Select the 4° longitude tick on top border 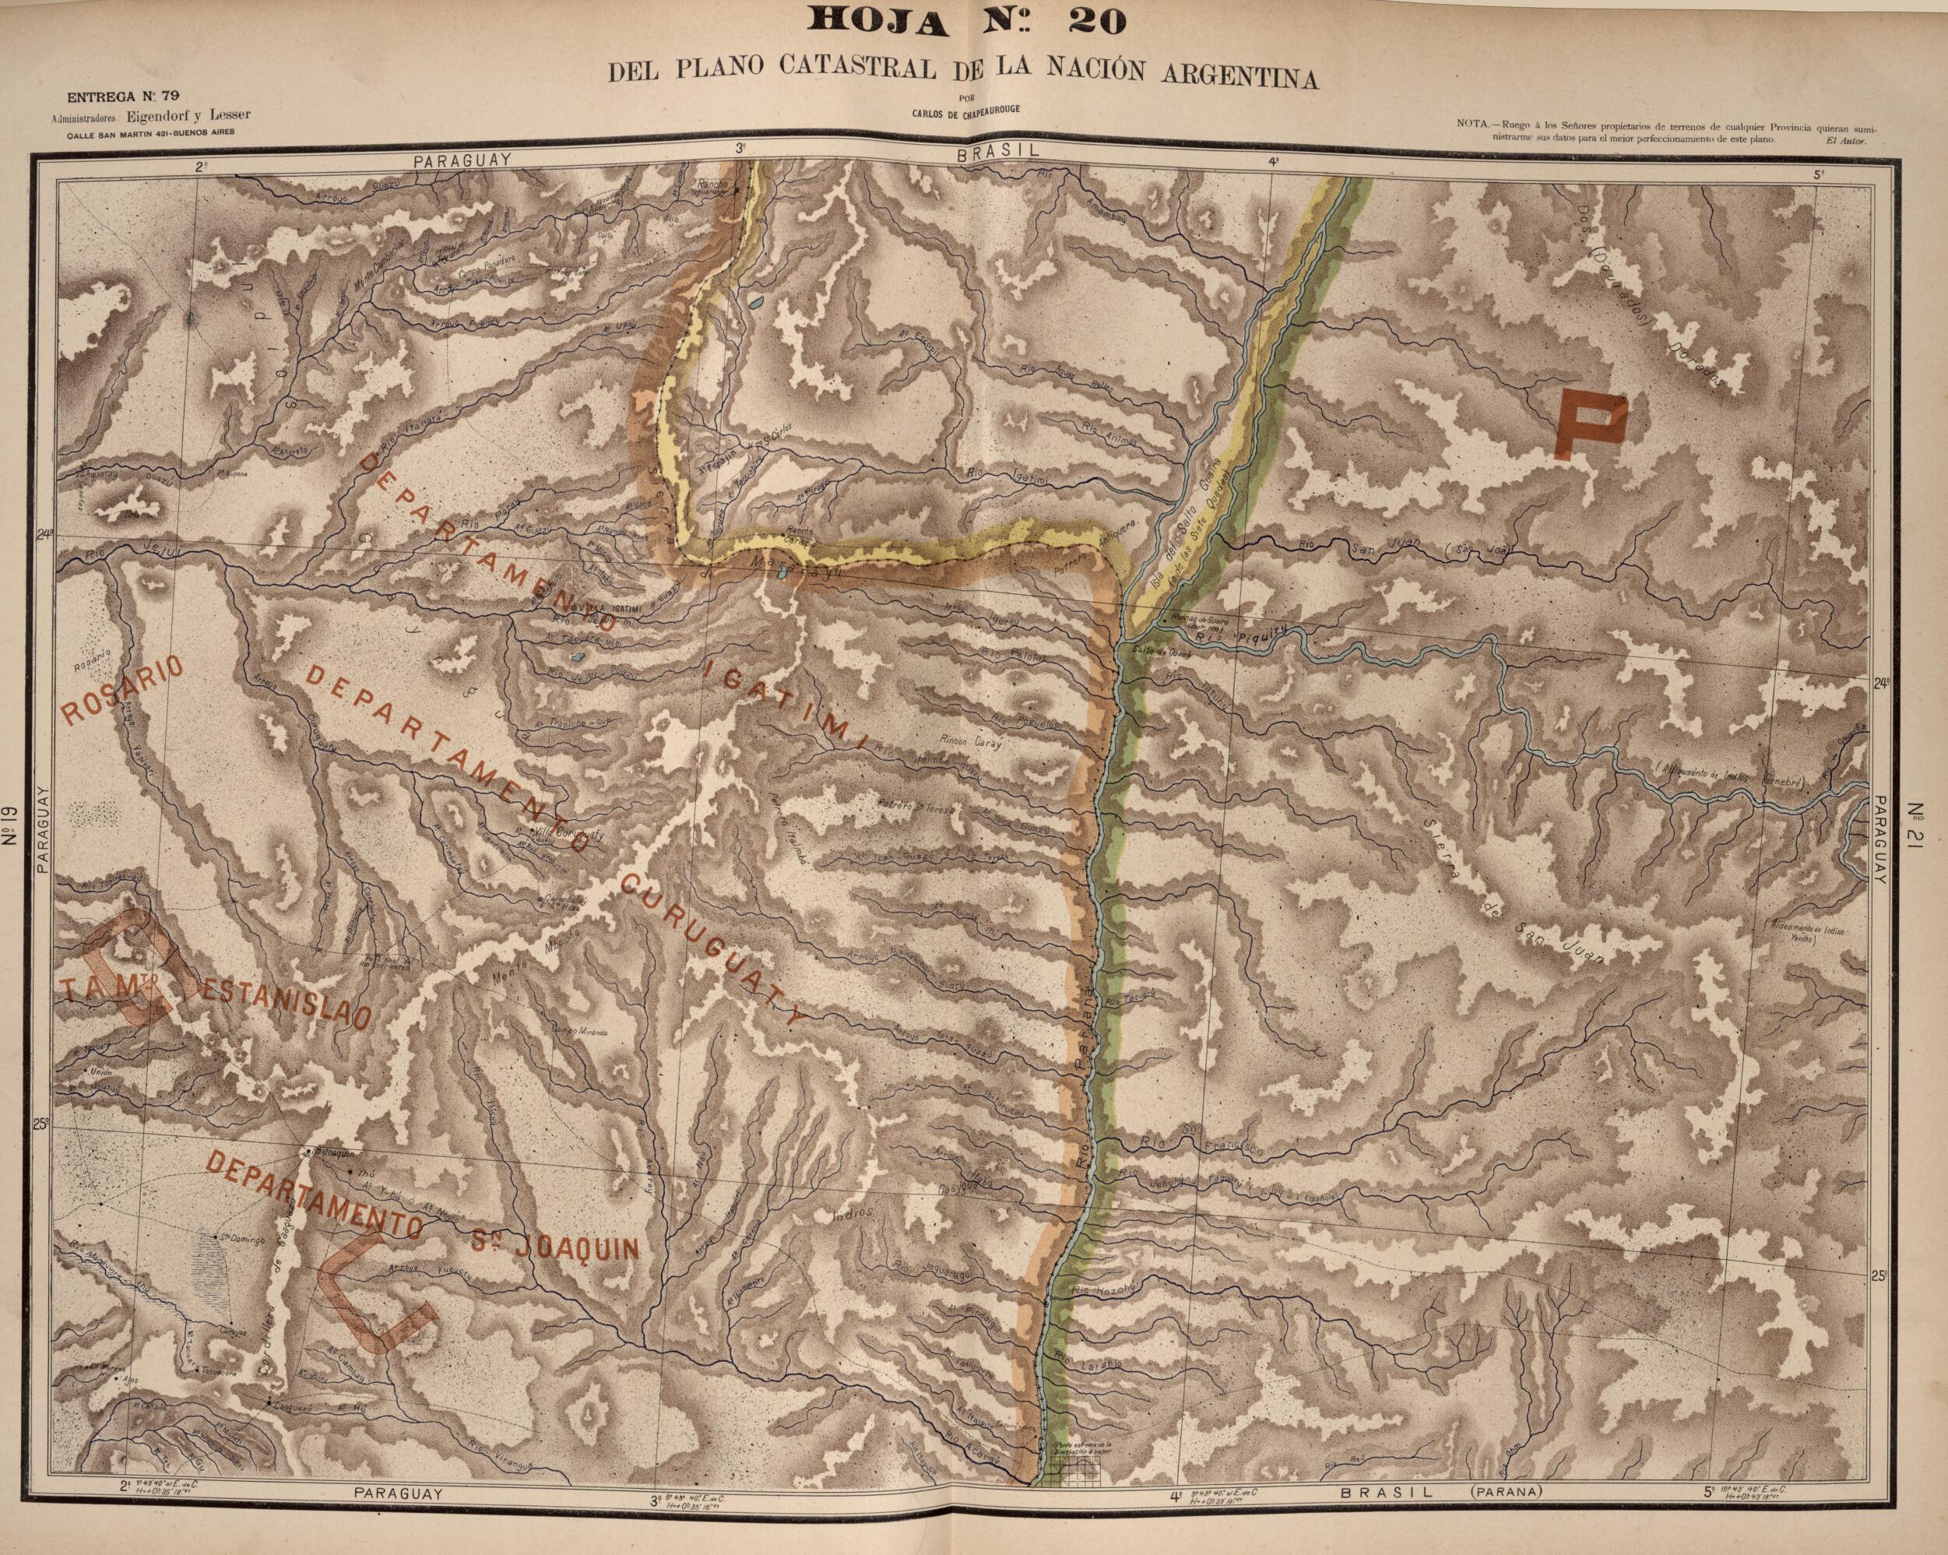(x=1274, y=164)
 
